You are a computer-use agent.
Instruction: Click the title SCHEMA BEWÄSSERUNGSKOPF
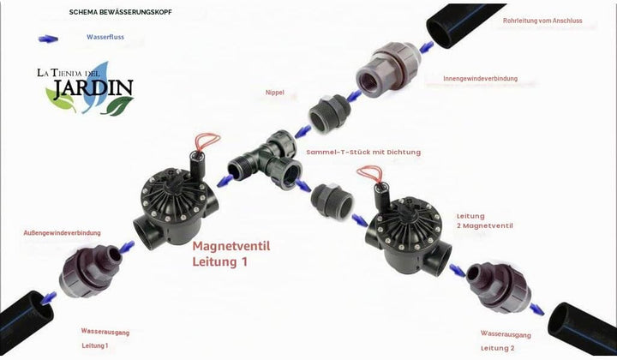tap(121, 12)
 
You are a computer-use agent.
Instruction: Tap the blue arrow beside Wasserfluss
tap(48, 39)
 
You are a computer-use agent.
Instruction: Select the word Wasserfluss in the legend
tap(105, 37)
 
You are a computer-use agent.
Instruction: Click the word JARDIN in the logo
tap(93, 88)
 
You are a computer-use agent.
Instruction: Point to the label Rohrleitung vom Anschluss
tap(542, 21)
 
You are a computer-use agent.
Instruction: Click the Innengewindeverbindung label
tap(480, 78)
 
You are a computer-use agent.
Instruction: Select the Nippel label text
tap(275, 93)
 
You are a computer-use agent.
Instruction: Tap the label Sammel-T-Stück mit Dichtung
tap(363, 152)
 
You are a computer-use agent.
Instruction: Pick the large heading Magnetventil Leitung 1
tap(231, 254)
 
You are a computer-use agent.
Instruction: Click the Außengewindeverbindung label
tap(63, 232)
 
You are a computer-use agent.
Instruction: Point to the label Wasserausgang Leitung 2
tap(506, 341)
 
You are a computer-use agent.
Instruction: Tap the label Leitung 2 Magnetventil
tap(485, 221)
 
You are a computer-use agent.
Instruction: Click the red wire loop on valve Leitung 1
tap(207, 141)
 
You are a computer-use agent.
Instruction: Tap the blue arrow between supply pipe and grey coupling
tap(426, 47)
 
